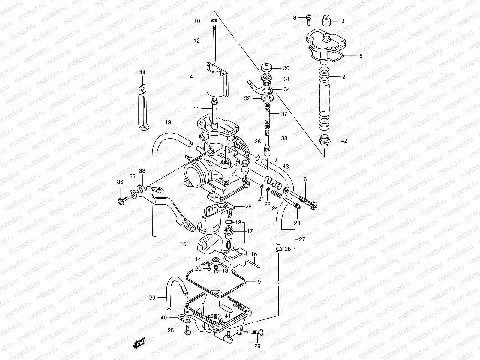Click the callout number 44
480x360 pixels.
point(142,73)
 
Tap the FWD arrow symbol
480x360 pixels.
point(139,342)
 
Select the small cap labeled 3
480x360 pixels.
point(327,21)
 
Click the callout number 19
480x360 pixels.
point(168,122)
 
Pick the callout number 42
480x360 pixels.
point(344,140)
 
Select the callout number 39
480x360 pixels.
point(152,298)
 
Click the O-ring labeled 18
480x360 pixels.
point(229,222)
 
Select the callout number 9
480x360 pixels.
point(259,282)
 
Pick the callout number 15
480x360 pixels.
point(183,244)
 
